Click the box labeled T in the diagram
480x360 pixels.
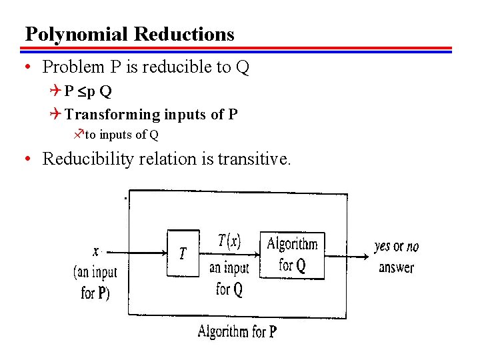pyautogui.click(x=183, y=253)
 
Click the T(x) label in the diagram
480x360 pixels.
pyautogui.click(x=229, y=241)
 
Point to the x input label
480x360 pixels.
pyautogui.click(x=96, y=251)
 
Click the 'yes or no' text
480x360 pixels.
pyautogui.click(x=397, y=247)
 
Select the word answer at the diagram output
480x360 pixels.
pyautogui.click(x=396, y=268)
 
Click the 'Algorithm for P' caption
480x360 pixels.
pyautogui.click(x=237, y=331)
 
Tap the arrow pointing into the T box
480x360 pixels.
pyautogui.click(x=140, y=253)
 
